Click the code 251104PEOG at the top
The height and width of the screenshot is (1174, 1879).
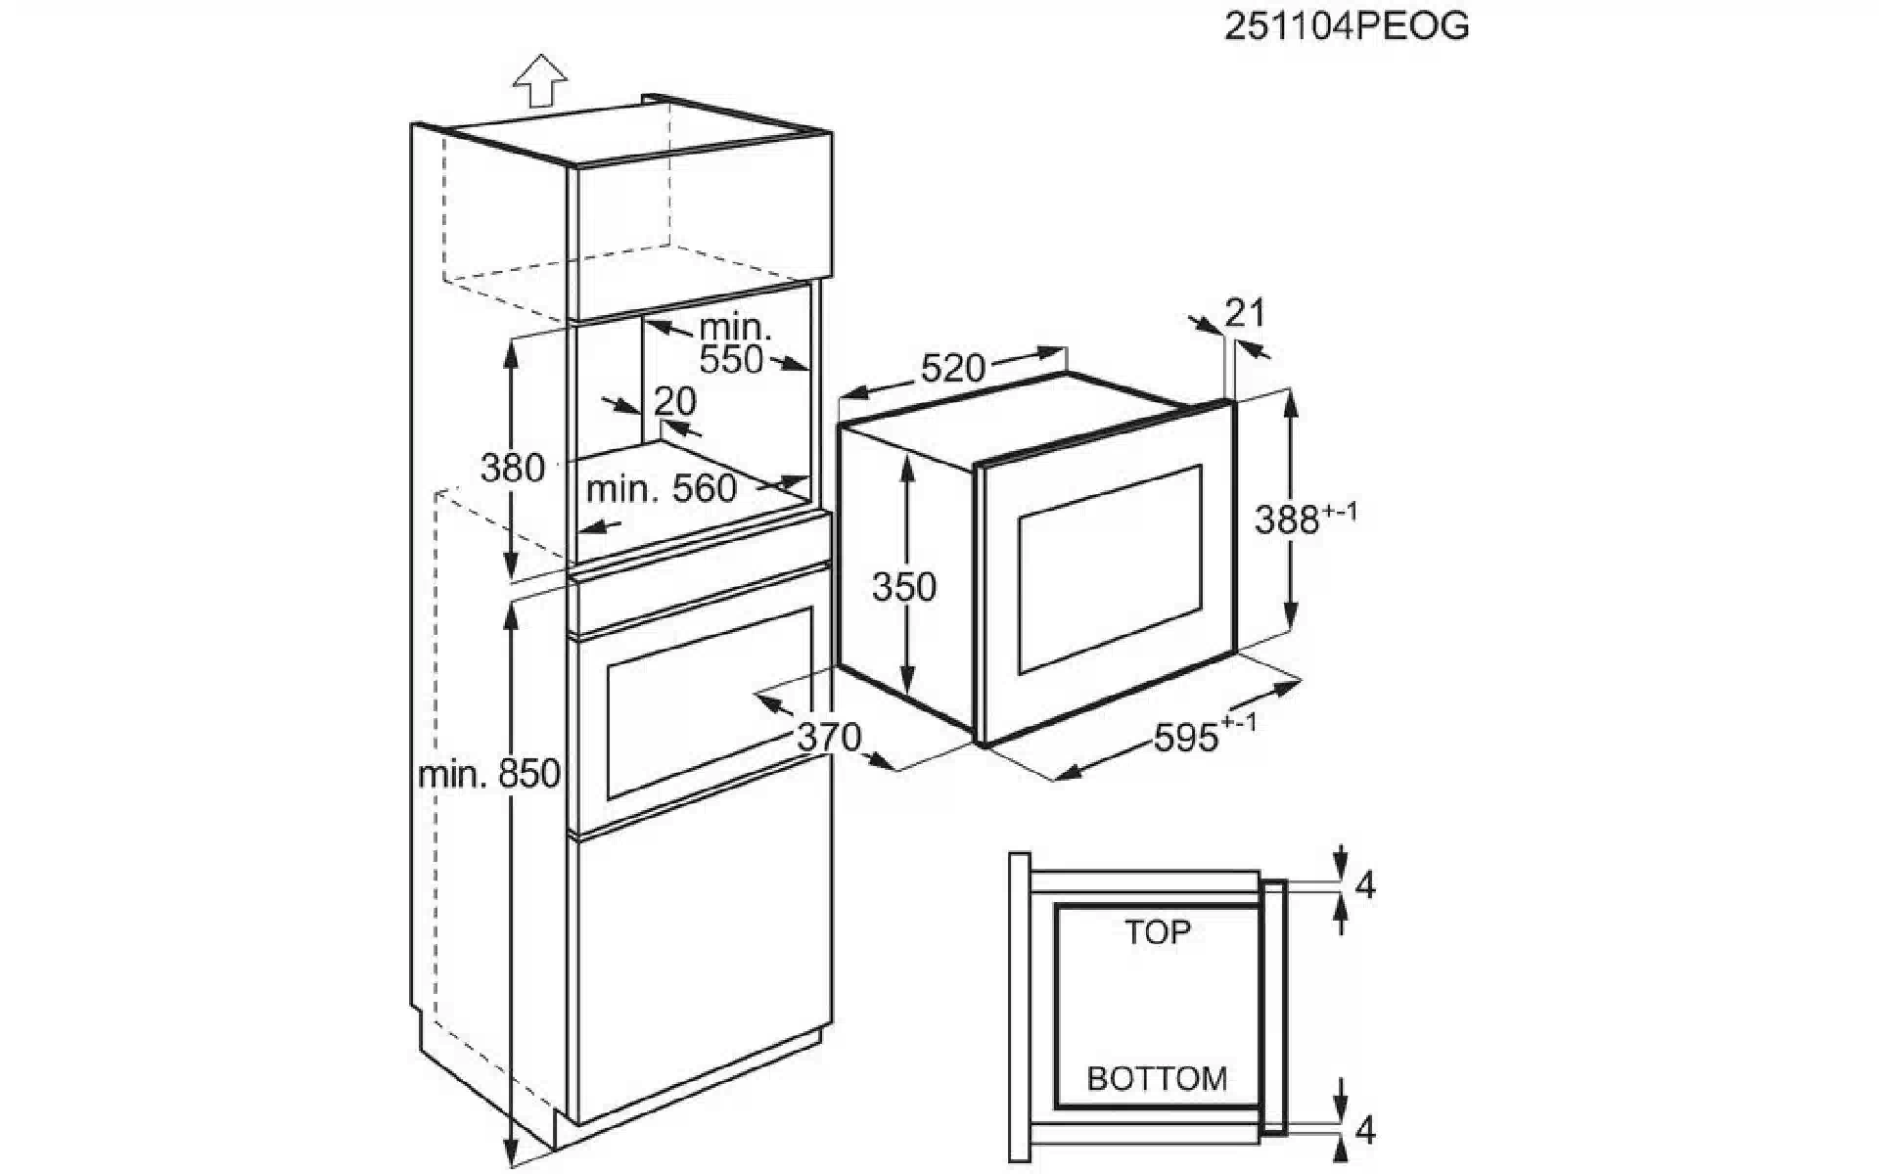click(1347, 25)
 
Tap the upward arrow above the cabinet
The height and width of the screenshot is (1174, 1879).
click(541, 80)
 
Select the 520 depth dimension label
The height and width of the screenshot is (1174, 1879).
click(952, 368)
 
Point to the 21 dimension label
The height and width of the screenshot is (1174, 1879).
click(1244, 313)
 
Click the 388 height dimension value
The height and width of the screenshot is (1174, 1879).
click(1287, 520)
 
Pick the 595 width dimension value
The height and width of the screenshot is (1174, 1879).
click(1186, 738)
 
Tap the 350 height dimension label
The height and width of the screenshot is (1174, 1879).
click(904, 587)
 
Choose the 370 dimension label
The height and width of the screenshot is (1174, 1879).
click(829, 736)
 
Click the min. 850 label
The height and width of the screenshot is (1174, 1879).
click(489, 774)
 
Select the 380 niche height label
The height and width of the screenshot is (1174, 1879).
click(512, 468)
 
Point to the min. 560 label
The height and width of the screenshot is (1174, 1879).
click(662, 488)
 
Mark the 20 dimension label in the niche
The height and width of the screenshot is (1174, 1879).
click(675, 401)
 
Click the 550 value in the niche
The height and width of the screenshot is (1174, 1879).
click(731, 360)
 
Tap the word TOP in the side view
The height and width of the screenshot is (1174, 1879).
click(1157, 932)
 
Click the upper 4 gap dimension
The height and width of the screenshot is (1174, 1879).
click(1365, 885)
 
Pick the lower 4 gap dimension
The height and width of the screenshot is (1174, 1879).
click(1365, 1131)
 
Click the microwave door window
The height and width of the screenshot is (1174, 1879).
click(1110, 568)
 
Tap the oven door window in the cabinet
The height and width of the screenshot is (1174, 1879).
click(710, 703)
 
